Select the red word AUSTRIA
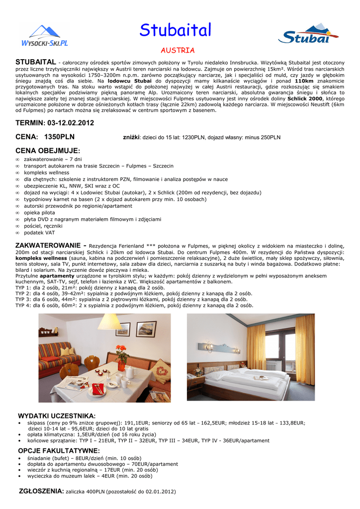click(x=178, y=51)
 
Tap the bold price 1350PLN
click(x=59, y=137)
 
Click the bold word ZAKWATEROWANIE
click(x=47, y=246)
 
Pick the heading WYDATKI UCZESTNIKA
click(x=57, y=416)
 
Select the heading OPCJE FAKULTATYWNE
click(x=59, y=451)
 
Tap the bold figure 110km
click(x=304, y=81)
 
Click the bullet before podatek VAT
click(x=17, y=233)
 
